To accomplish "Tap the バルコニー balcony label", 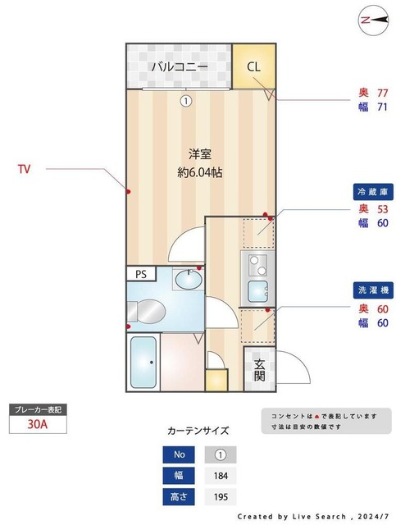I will click(x=179, y=66).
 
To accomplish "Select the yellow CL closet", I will click(x=253, y=66).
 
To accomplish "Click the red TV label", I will click(x=25, y=170).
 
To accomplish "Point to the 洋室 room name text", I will click(x=201, y=153).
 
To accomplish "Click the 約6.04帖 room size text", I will click(x=201, y=172).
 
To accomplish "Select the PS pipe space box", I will click(x=140, y=274).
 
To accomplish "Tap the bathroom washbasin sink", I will click(x=188, y=280).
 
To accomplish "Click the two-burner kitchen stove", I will click(x=258, y=265).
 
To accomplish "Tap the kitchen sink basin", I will click(x=259, y=292).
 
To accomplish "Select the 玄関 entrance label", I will click(x=259, y=370).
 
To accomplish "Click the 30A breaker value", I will click(x=36, y=424).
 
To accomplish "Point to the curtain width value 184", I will click(x=220, y=475).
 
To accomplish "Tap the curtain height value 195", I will click(x=220, y=497).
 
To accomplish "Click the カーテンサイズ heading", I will click(x=198, y=430).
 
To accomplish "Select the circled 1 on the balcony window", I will click(x=186, y=101).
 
